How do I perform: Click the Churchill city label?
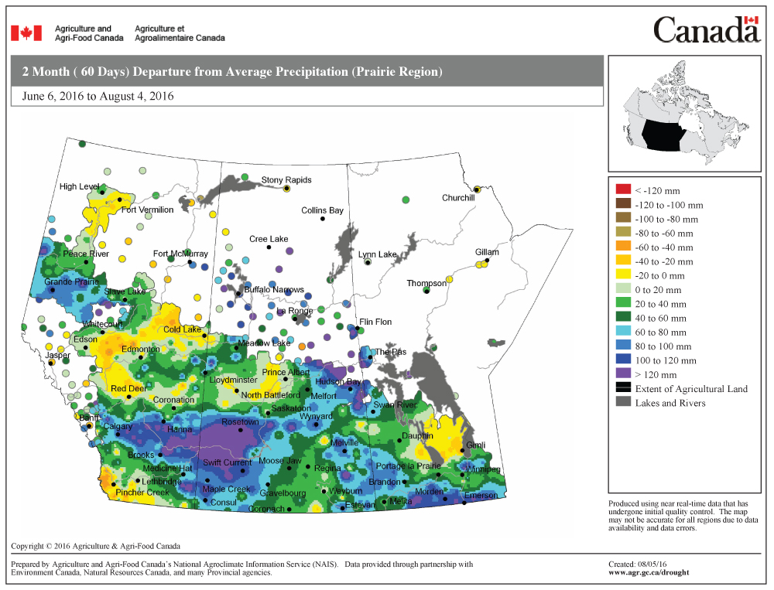[457, 198]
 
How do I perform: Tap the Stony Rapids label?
[286, 180]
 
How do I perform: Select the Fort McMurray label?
[180, 254]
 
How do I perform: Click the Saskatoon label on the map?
[291, 408]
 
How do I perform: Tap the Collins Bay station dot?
[322, 219]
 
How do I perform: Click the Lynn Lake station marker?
[368, 263]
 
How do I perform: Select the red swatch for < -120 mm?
[623, 190]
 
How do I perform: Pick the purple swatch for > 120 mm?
[623, 374]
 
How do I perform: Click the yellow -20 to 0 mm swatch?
[623, 275]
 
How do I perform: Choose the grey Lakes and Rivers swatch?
[623, 402]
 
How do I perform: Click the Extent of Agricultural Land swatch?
[623, 388]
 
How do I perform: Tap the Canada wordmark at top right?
[706, 30]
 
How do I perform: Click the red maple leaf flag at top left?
[26, 32]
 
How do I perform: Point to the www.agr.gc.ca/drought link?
[649, 573]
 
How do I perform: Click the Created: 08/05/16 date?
[638, 564]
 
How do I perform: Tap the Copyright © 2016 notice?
[95, 546]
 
